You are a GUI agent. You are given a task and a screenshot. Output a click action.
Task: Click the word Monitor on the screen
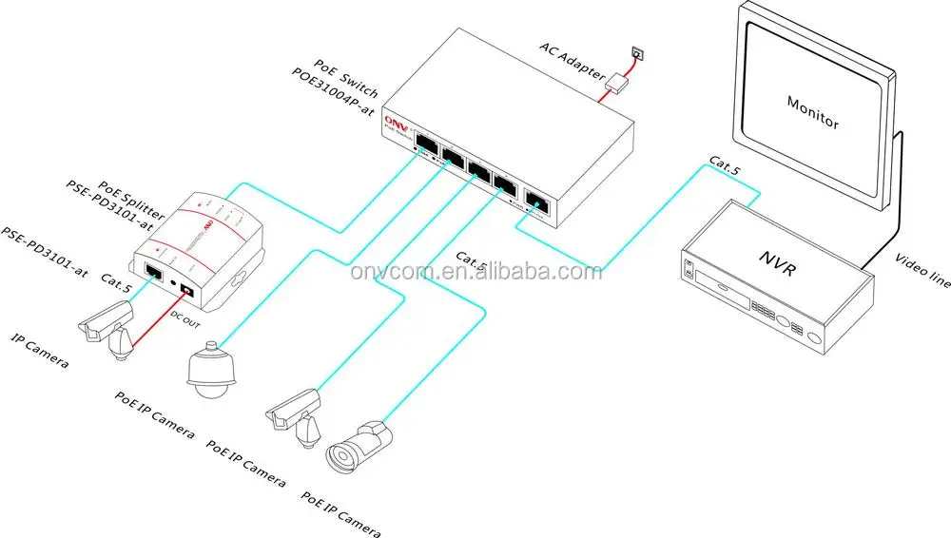tap(813, 110)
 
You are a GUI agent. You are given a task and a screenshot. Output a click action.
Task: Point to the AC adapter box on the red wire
tap(618, 83)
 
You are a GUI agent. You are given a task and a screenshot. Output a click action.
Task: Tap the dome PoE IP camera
tap(208, 372)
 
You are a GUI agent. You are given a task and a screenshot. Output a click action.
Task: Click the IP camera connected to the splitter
tap(107, 328)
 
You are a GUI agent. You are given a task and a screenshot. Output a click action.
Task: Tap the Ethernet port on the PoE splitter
tap(154, 271)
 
